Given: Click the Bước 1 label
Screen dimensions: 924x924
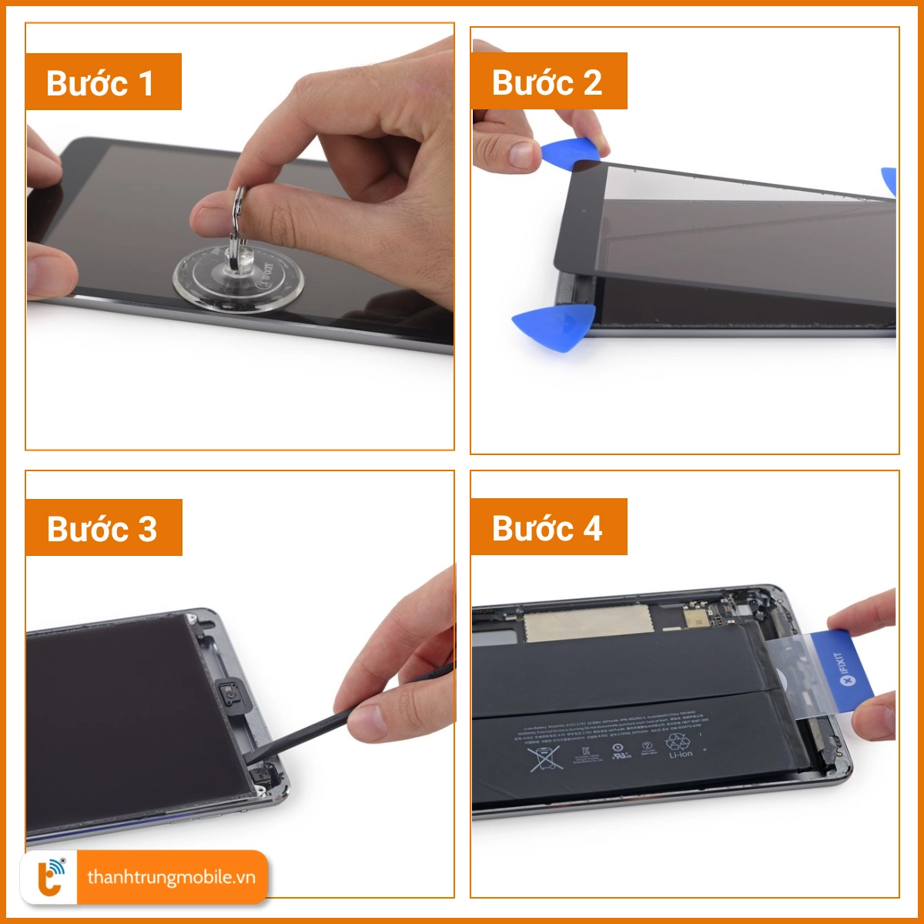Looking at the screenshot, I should (x=102, y=82).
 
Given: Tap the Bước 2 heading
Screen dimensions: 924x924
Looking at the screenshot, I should (x=547, y=82).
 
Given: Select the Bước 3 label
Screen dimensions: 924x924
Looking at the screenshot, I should (x=102, y=528).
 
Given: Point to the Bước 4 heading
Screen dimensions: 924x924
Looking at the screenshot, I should (x=547, y=527).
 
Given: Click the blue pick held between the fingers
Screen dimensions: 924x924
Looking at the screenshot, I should (x=570, y=152).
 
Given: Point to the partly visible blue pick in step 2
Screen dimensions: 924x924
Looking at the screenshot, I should (x=889, y=181).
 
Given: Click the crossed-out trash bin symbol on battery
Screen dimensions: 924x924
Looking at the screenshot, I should (x=545, y=758).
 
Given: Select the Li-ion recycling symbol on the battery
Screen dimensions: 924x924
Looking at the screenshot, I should (x=678, y=745).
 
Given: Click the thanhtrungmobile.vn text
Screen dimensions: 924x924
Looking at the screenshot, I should (x=171, y=878).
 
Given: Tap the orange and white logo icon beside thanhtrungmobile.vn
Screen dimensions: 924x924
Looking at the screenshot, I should (x=51, y=878).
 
